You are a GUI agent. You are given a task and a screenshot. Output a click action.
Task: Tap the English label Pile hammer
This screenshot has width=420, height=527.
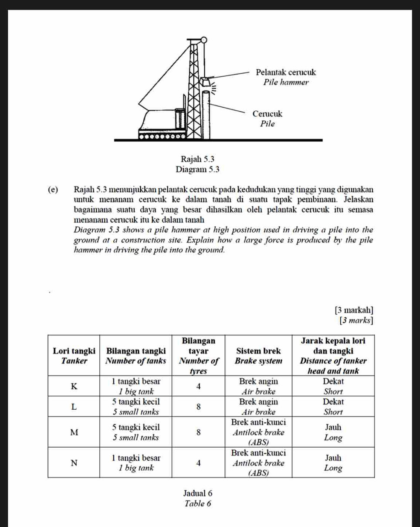click(x=286, y=82)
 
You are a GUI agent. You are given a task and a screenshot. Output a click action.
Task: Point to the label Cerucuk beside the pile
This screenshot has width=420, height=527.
click(x=268, y=114)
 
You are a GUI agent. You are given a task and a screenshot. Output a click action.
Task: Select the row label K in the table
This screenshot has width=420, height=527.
click(x=74, y=386)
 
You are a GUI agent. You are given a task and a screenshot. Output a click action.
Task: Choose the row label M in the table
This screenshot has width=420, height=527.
click(x=74, y=432)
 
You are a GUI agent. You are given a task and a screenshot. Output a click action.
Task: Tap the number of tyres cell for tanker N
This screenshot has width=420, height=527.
click(x=198, y=463)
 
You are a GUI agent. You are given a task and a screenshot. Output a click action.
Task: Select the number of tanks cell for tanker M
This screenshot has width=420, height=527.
click(x=136, y=432)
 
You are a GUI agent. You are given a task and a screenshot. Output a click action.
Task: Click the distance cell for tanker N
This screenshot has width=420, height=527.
click(x=333, y=463)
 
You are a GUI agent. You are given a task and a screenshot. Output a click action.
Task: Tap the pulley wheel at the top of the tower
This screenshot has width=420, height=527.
click(x=203, y=41)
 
